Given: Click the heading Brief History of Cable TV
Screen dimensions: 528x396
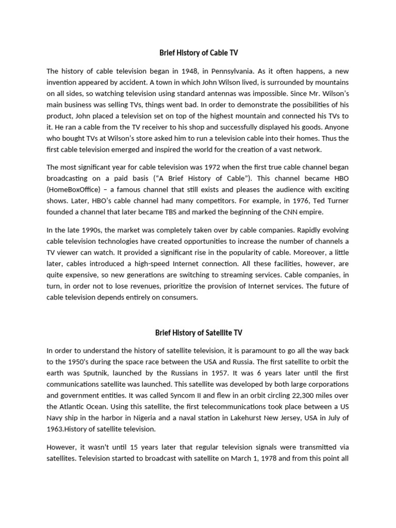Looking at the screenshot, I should click(197, 53).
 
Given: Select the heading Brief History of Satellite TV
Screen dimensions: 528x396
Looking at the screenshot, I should click(197, 333).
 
